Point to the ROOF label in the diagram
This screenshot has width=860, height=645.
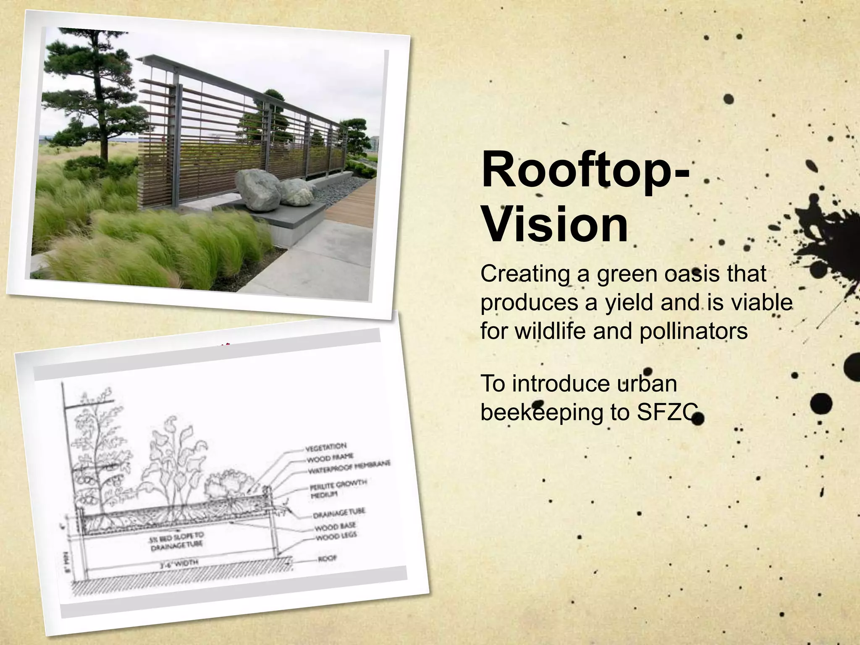pyautogui.click(x=327, y=559)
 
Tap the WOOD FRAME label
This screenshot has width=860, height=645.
pyautogui.click(x=330, y=457)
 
